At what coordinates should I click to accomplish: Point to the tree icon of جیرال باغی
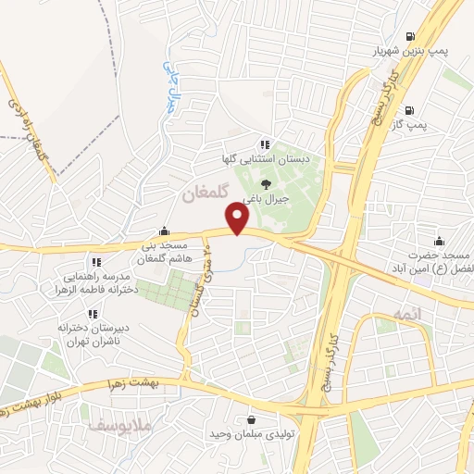pos(267,182)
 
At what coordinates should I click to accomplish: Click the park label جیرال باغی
pos(267,198)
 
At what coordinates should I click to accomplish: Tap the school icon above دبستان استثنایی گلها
pos(265,143)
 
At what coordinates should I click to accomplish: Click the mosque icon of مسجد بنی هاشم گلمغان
pos(165,231)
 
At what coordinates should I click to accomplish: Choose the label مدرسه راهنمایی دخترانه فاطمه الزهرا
pos(99,281)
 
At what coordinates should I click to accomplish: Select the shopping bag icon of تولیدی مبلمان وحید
pos(250,419)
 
